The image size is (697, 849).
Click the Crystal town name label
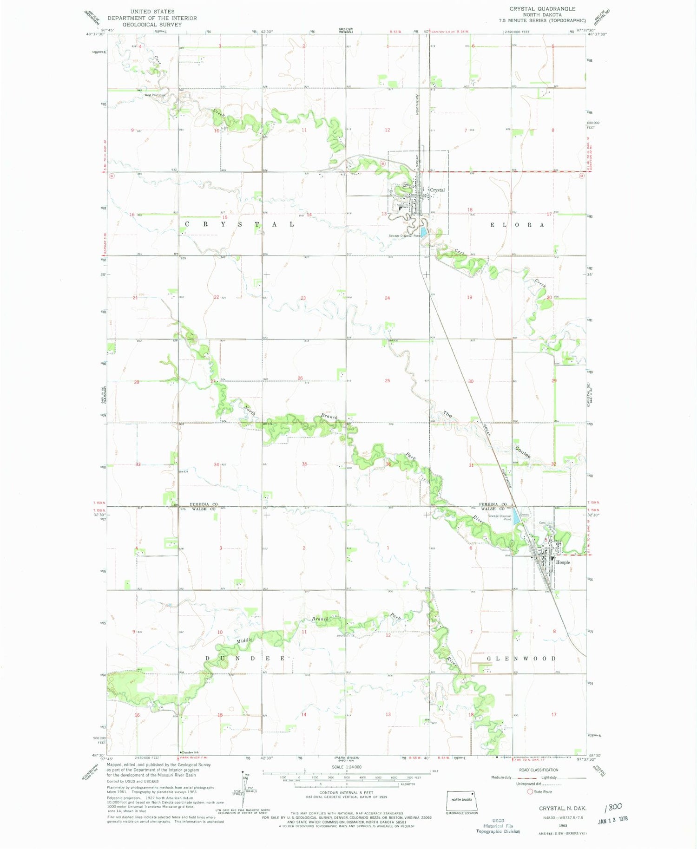click(437, 190)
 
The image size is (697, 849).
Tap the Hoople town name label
click(563, 562)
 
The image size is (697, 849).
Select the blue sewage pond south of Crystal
click(423, 231)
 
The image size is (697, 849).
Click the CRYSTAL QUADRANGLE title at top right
click(542, 9)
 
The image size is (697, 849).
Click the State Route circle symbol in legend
click(530, 791)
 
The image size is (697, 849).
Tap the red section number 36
click(388, 464)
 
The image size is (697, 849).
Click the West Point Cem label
click(155, 95)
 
